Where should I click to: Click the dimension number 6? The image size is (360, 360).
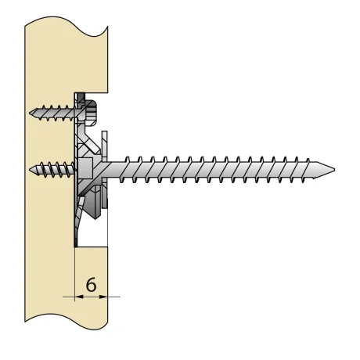(x=91, y=286)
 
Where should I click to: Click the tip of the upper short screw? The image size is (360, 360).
(x=29, y=113)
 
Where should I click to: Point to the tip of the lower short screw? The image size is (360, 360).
(x=29, y=169)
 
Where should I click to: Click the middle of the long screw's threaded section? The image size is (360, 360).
(x=227, y=168)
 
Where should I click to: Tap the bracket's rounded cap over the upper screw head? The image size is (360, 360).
(x=92, y=110)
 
